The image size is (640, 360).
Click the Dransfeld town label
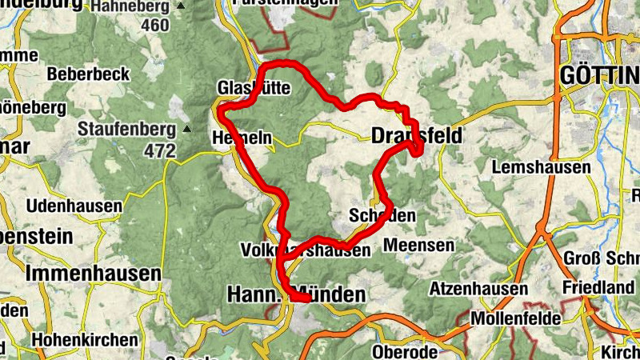tap(417, 137)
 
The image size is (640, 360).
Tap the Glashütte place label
tap(253, 87)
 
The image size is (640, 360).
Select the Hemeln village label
tap(242, 138)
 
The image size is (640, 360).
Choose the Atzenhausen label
tap(478, 288)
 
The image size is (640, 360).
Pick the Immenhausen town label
tap(94, 273)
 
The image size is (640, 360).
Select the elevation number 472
tap(160, 150)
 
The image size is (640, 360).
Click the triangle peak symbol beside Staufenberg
tap(186, 128)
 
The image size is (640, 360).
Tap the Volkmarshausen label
tap(306, 250)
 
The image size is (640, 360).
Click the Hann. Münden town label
tap(296, 294)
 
